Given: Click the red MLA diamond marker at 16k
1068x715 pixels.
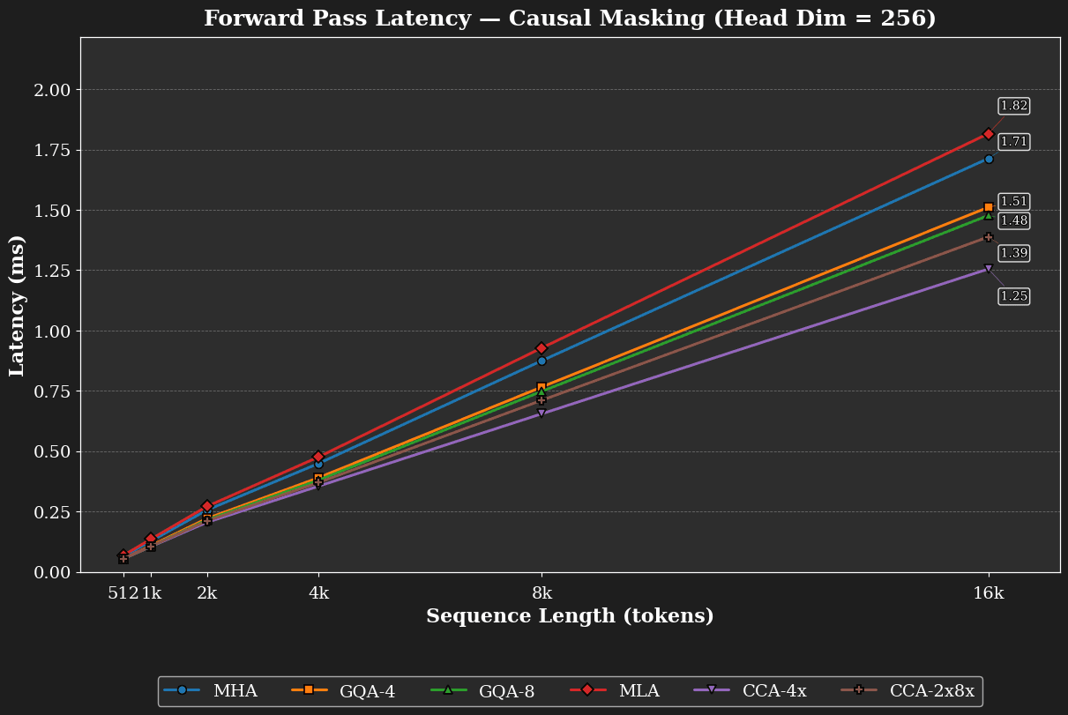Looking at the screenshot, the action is [989, 134].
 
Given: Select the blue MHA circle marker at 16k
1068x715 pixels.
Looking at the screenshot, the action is [989, 160].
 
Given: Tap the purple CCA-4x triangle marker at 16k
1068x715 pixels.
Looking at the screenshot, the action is [989, 269].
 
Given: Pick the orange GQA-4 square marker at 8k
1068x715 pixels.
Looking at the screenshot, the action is [541, 386].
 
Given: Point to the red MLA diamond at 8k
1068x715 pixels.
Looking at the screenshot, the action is [541, 348].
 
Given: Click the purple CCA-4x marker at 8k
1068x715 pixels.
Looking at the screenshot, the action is [541, 413].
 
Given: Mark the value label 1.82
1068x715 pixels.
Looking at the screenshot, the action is [1013, 106].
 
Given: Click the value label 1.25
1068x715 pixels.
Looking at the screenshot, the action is [1013, 296].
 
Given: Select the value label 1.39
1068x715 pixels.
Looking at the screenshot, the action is [1013, 253].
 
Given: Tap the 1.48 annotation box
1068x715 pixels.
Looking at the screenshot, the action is [1013, 220].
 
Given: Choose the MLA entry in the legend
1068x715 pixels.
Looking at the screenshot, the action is [615, 690].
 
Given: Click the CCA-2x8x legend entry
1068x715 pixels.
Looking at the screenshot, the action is [907, 690].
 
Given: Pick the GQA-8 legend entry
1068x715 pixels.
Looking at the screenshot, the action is [482, 690].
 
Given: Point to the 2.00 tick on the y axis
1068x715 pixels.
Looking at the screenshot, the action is [52, 90].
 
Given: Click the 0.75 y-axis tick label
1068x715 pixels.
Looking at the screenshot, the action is [52, 391].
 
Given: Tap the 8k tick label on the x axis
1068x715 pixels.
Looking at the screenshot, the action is [541, 593].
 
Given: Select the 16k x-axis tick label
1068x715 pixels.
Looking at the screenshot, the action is [989, 593].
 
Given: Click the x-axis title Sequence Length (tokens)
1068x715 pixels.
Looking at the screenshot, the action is [571, 616].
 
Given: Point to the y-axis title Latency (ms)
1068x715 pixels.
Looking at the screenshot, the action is [16, 306].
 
